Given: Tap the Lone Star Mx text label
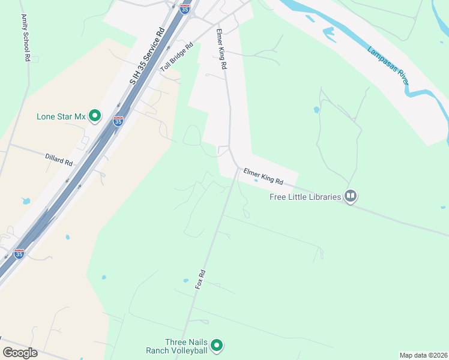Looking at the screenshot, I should click(x=62, y=116).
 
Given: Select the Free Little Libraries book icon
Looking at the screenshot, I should click(x=351, y=196).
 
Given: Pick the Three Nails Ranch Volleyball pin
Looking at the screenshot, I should click(x=217, y=346).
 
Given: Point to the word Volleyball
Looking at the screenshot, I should click(x=188, y=350).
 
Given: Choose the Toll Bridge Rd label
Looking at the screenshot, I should click(x=176, y=58).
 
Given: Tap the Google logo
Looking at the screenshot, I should click(x=20, y=353).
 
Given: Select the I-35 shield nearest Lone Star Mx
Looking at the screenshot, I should click(x=118, y=121).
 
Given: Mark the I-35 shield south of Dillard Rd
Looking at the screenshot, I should click(x=19, y=253).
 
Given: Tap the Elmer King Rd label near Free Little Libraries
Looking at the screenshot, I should click(x=263, y=177).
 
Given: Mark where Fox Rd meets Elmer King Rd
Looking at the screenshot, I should click(x=237, y=169).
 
